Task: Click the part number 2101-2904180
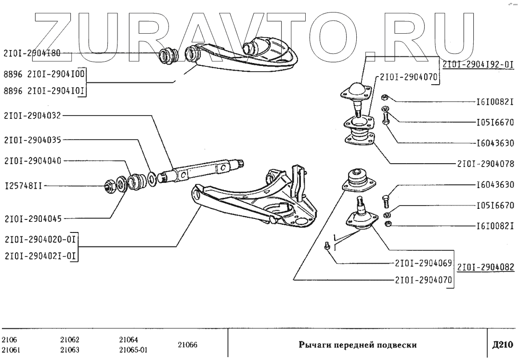(x=32, y=54)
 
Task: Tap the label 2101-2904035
(x=32, y=140)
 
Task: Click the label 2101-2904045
(x=32, y=218)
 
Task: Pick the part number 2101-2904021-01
(x=40, y=256)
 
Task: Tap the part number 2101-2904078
(x=485, y=164)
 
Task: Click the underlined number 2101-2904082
(x=485, y=268)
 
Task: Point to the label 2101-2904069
(x=423, y=263)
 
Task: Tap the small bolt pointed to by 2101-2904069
(x=327, y=245)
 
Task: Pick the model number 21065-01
(x=133, y=350)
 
